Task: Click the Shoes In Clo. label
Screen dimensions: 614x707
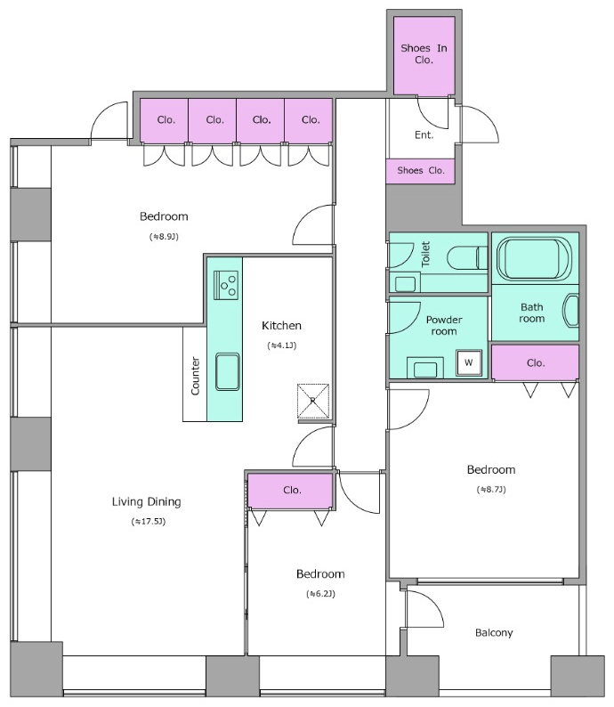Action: [424, 54]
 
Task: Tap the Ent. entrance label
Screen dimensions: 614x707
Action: [424, 134]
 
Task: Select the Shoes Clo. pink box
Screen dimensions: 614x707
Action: [420, 171]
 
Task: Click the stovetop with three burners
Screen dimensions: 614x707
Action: [226, 285]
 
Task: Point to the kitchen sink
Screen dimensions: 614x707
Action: [228, 371]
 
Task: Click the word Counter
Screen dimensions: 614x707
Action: [196, 376]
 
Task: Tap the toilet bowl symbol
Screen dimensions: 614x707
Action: [467, 258]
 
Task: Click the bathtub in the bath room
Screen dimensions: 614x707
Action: [534, 259]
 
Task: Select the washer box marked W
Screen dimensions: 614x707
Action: [468, 362]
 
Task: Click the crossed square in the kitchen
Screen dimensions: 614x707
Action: [313, 401]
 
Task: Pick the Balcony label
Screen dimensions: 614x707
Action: [494, 632]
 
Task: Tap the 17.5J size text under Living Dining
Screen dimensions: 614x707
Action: [149, 521]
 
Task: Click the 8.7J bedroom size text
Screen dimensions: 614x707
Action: [491, 489]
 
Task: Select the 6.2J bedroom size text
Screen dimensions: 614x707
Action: [320, 593]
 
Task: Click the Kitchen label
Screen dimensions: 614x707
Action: [281, 326]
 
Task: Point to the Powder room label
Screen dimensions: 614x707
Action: [444, 326]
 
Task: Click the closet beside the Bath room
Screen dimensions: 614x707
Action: [535, 362]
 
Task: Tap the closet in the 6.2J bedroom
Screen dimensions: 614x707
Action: [291, 491]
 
